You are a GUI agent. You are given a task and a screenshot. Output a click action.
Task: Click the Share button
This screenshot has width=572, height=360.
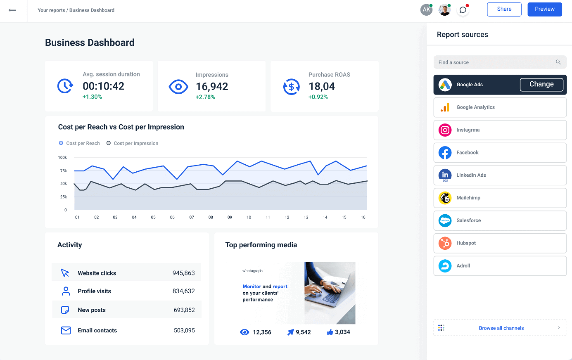pyautogui.click(x=504, y=9)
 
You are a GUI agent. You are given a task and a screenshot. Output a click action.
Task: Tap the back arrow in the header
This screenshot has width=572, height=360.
pyautogui.click(x=12, y=10)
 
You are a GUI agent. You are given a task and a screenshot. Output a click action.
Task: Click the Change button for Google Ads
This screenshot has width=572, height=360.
pyautogui.click(x=541, y=84)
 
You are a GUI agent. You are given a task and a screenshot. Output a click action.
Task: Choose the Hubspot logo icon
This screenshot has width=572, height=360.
pyautogui.click(x=445, y=243)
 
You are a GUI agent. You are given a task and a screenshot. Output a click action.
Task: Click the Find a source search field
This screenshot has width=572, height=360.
pyautogui.click(x=496, y=62)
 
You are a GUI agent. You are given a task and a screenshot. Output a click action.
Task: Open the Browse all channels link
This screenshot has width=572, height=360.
pyautogui.click(x=501, y=328)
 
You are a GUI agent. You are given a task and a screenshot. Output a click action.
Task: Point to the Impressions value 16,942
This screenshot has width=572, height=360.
pyautogui.click(x=212, y=87)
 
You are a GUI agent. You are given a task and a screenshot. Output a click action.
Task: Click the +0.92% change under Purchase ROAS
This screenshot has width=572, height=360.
pyautogui.click(x=318, y=97)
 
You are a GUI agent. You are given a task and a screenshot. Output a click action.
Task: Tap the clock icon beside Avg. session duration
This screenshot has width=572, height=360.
pyautogui.click(x=65, y=86)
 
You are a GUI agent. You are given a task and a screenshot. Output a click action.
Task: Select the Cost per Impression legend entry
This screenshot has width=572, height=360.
pyautogui.click(x=132, y=143)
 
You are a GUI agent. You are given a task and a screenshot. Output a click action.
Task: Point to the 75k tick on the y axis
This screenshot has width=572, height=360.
pyautogui.click(x=63, y=171)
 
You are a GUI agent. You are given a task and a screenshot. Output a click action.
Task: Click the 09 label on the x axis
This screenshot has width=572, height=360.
pyautogui.click(x=230, y=217)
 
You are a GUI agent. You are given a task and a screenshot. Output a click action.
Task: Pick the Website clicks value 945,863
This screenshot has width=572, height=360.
pyautogui.click(x=183, y=273)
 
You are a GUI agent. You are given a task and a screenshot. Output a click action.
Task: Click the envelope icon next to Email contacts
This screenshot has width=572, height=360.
pyautogui.click(x=66, y=330)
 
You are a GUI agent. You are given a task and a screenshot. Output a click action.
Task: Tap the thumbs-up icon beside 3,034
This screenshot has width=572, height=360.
pyautogui.click(x=330, y=332)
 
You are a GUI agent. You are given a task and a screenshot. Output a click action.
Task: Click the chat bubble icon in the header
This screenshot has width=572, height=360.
pyautogui.click(x=463, y=10)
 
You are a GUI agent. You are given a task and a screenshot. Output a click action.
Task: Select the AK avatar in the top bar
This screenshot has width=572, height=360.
pyautogui.click(x=426, y=10)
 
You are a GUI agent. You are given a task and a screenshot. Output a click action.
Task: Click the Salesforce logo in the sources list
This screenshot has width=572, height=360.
pyautogui.click(x=445, y=220)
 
